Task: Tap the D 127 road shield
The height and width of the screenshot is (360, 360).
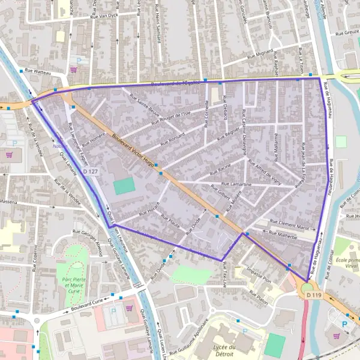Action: tap(90, 172)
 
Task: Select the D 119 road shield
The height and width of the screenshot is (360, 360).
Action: tap(313, 295)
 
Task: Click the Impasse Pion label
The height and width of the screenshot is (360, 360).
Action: tap(258, 277)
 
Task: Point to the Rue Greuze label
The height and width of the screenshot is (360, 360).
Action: tap(347, 34)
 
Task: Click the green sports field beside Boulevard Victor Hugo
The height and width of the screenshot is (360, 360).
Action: tap(124, 187)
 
